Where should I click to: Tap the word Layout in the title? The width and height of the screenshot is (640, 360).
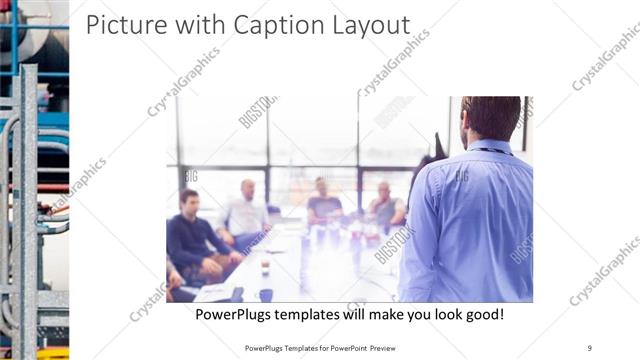click(370, 25)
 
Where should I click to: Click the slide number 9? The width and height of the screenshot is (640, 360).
click(590, 348)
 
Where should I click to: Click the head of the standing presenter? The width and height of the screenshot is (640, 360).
click(491, 118)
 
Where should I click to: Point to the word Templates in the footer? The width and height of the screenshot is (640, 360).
click(291, 348)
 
